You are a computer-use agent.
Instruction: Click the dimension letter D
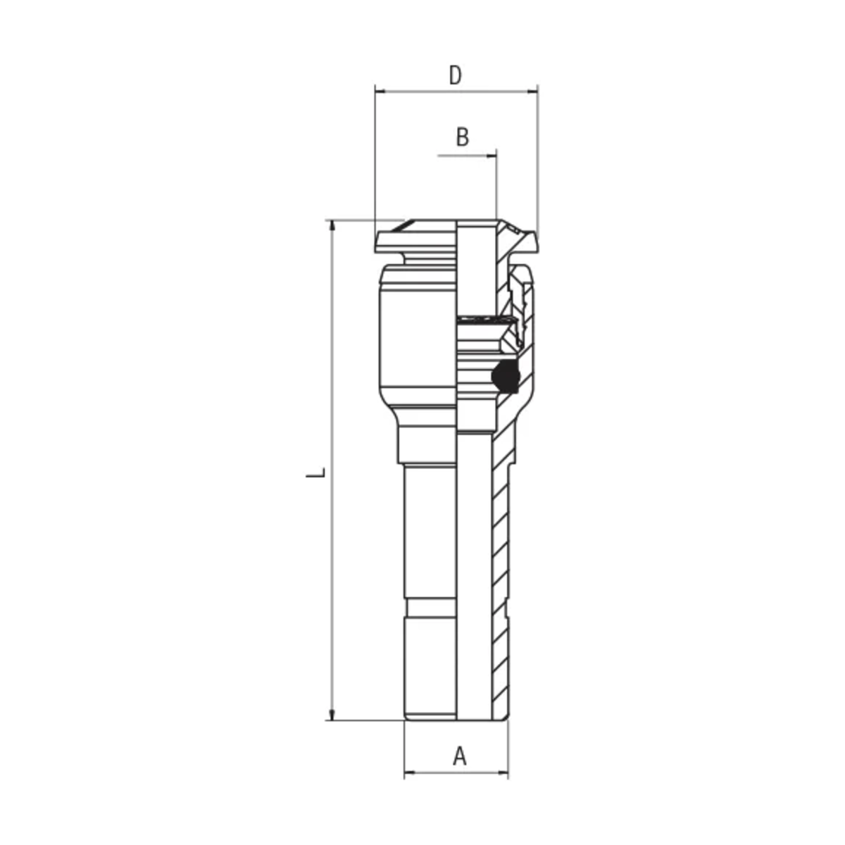[455, 75]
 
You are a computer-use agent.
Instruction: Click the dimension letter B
[462, 137]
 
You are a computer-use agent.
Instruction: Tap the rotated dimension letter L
[315, 472]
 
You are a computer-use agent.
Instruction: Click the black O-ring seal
[506, 376]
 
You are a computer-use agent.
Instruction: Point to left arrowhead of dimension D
[380, 92]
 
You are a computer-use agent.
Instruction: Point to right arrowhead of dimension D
[532, 92]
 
